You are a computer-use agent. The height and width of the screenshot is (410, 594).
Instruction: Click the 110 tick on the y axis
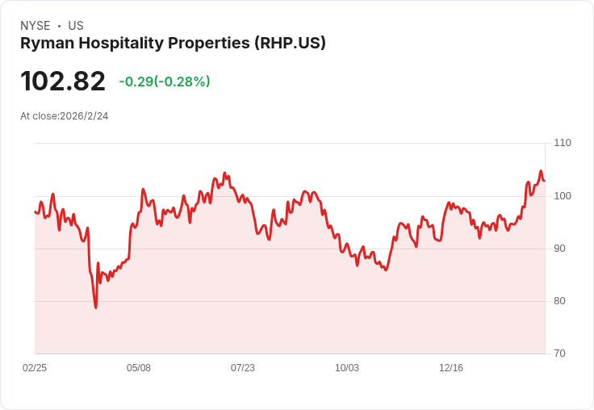coord(562,143)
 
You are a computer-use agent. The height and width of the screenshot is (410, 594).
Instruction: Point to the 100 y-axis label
coord(562,196)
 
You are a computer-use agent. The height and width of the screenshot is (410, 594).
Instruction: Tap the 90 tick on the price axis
coord(559,249)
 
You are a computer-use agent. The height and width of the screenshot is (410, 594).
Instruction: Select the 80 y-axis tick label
coord(559,301)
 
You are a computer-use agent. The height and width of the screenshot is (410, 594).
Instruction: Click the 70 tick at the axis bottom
coord(559,354)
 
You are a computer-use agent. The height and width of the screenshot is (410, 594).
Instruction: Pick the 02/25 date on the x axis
coord(35,368)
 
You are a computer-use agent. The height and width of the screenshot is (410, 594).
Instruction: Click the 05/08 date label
coord(139,368)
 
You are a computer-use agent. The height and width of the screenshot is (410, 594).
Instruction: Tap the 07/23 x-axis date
coord(243,368)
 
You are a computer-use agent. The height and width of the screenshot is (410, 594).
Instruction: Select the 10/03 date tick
coord(347,368)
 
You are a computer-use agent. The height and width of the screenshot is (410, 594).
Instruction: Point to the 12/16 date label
coord(451,368)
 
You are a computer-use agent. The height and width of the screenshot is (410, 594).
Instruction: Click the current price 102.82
coord(63,82)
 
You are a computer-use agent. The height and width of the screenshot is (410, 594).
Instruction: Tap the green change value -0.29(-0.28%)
coord(165,82)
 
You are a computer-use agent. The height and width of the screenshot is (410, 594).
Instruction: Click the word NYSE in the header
coord(36,26)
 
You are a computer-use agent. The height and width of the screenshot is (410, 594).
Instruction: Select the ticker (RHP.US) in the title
coord(288,44)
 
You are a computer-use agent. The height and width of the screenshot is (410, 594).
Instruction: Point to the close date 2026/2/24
coord(84,116)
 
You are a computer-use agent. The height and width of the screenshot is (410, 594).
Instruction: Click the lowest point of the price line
coord(95,307)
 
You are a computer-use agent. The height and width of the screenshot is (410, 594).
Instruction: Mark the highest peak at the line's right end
coord(541,171)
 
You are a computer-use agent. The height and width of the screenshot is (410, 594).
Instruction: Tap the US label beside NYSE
coord(76,26)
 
